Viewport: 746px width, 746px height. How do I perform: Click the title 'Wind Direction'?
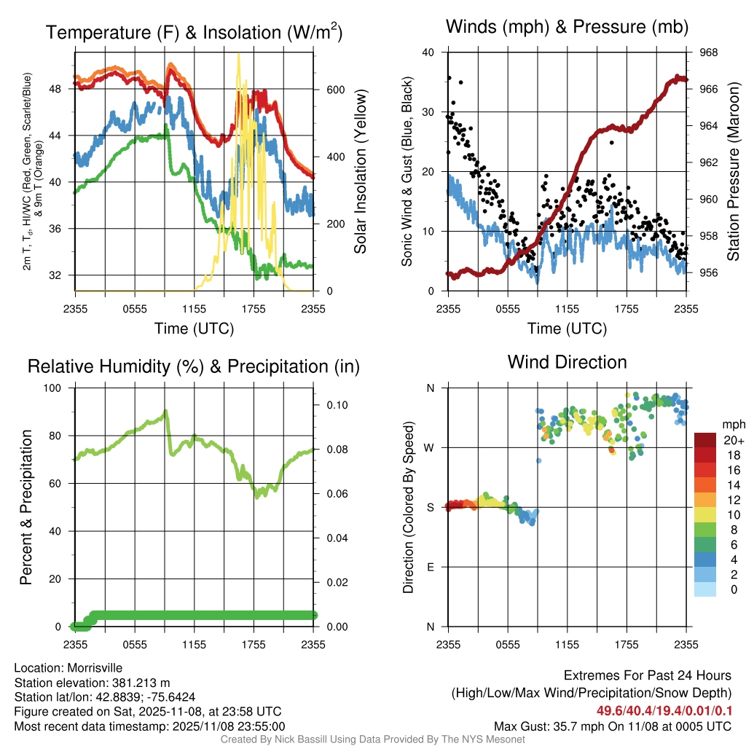click(567, 362)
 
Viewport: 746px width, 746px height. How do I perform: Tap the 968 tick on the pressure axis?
click(709, 52)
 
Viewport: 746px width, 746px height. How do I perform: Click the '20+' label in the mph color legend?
click(734, 440)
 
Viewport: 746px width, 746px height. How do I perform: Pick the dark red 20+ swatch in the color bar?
click(705, 440)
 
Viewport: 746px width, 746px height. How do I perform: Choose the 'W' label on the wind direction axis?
click(429, 447)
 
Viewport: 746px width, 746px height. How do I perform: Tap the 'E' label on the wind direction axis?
click(430, 567)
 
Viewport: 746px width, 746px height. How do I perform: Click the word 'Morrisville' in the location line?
click(95, 667)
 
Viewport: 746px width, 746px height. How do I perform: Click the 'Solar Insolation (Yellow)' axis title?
click(360, 172)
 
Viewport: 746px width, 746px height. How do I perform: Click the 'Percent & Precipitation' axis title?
click(26, 507)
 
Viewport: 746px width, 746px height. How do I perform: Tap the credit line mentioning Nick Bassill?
click(372, 739)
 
